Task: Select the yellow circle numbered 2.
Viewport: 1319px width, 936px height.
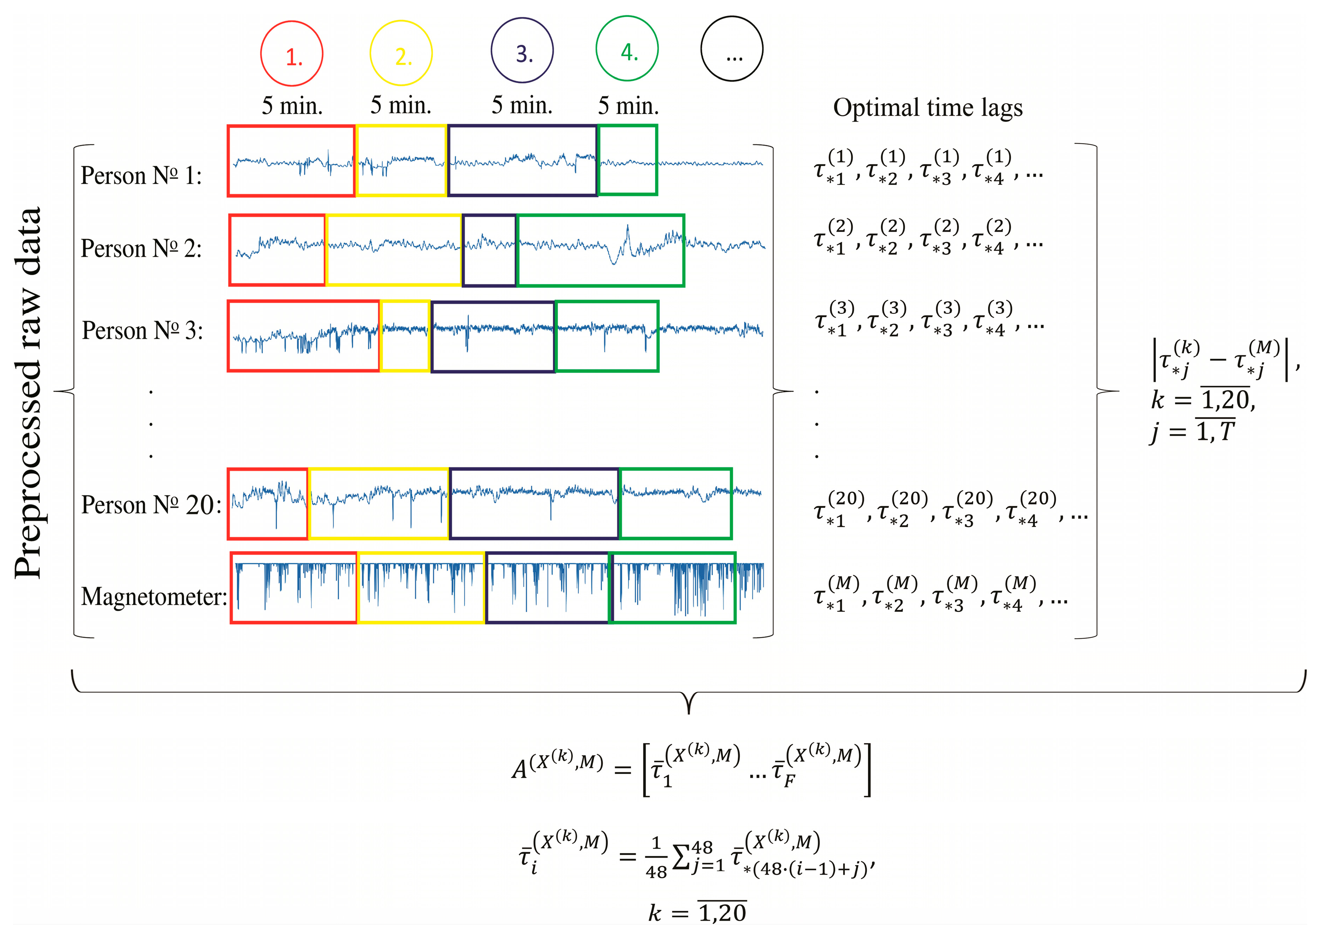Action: [x=401, y=53]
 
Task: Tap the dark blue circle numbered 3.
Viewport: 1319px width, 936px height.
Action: [x=522, y=50]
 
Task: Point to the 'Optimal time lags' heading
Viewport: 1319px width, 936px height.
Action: [x=927, y=108]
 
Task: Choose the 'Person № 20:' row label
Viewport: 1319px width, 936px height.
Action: [x=151, y=505]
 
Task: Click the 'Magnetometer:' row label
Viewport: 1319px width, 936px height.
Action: [x=154, y=597]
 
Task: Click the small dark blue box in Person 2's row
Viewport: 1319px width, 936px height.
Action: [x=489, y=250]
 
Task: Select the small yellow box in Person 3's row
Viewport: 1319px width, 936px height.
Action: [x=405, y=336]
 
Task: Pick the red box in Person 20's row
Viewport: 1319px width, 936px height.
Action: [x=268, y=504]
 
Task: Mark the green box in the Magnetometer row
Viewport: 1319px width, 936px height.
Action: [x=672, y=588]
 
